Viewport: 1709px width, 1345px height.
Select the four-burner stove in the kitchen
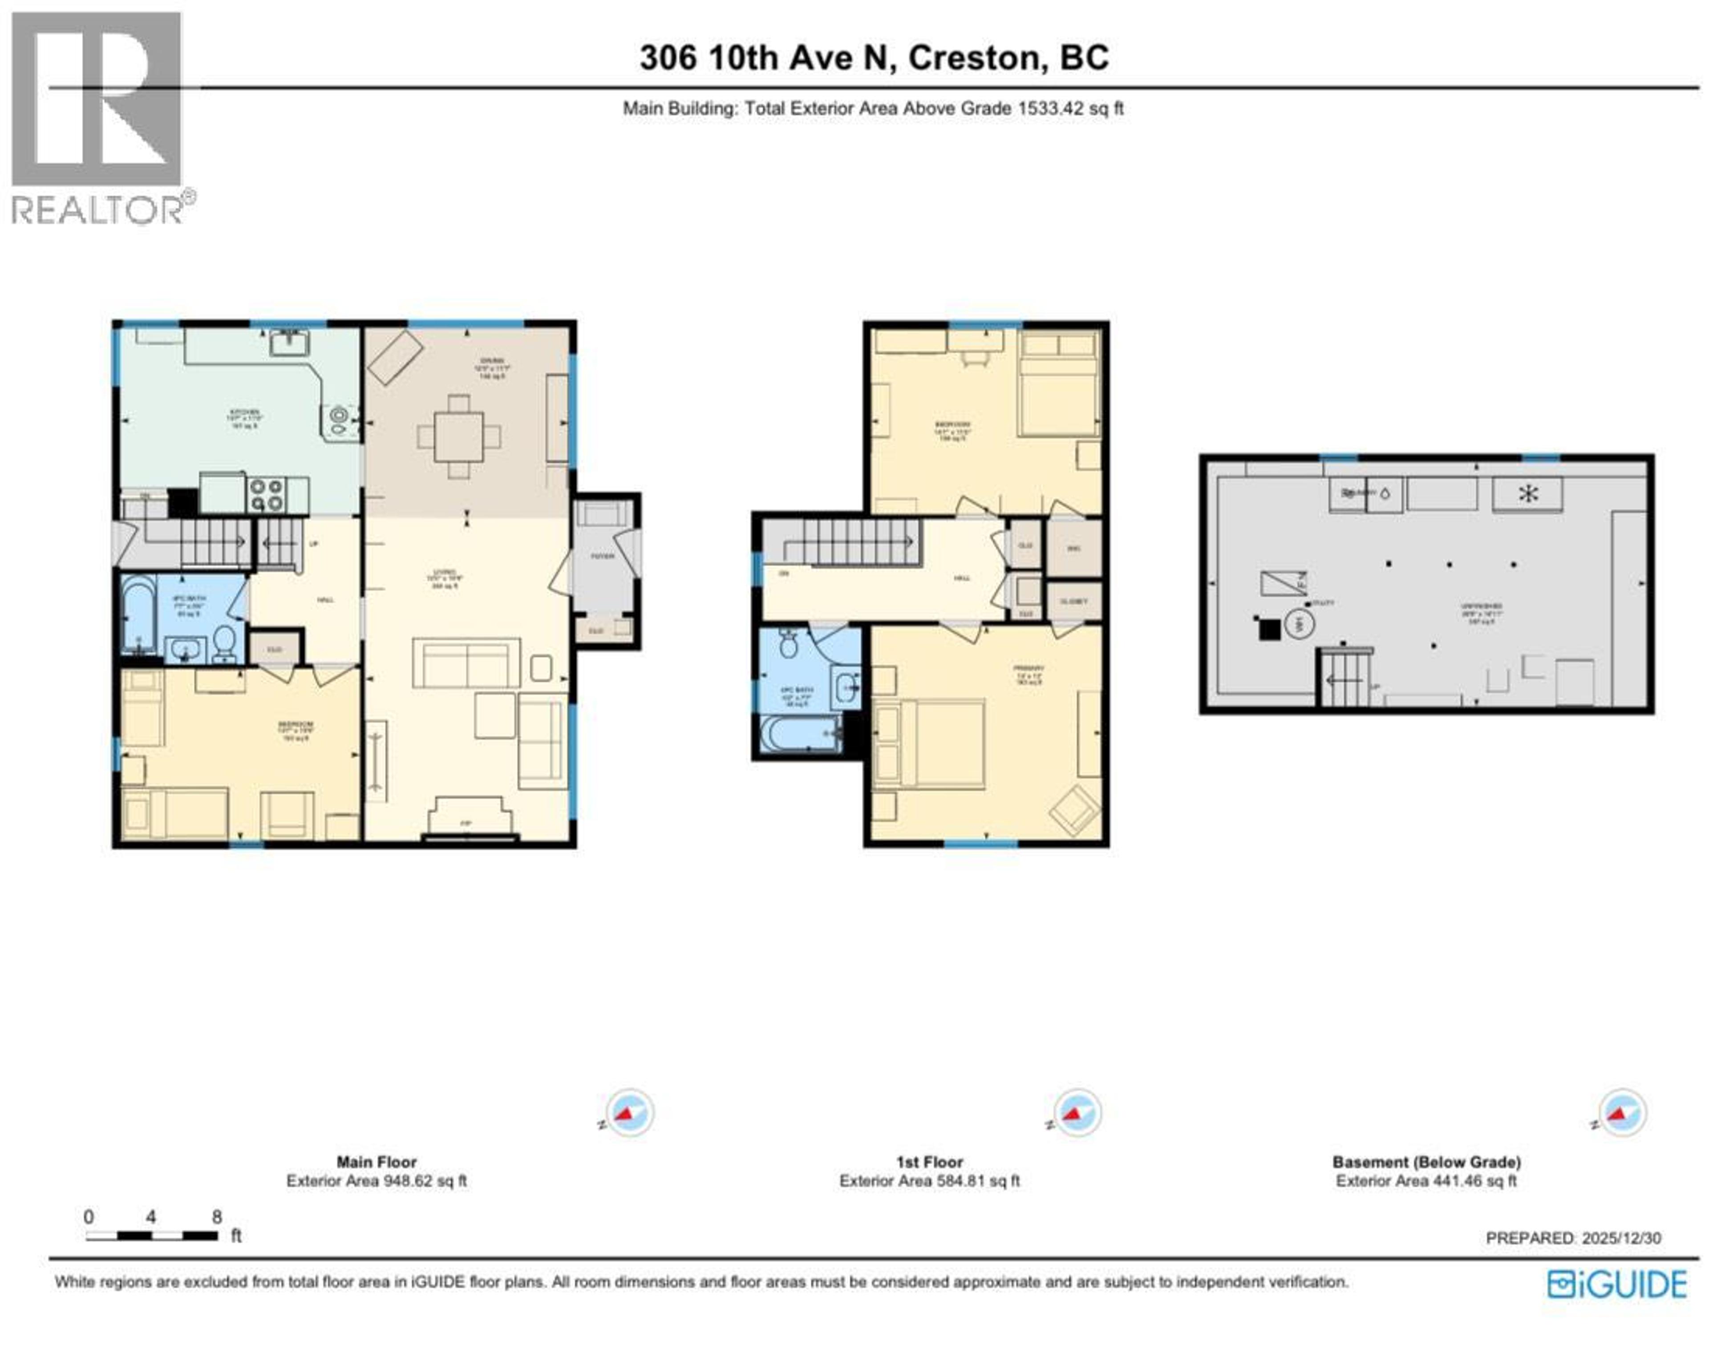click(266, 495)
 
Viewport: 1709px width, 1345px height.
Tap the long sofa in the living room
click(466, 664)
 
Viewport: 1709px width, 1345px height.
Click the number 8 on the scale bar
click(217, 1217)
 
